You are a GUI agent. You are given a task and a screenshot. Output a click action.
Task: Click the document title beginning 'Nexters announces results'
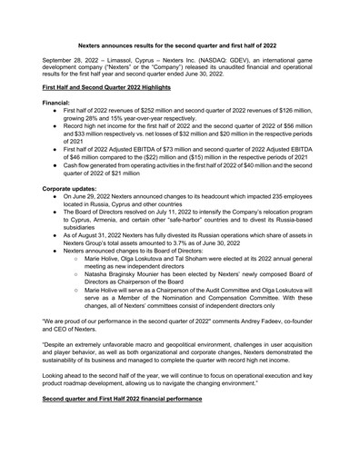[x=179, y=43]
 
